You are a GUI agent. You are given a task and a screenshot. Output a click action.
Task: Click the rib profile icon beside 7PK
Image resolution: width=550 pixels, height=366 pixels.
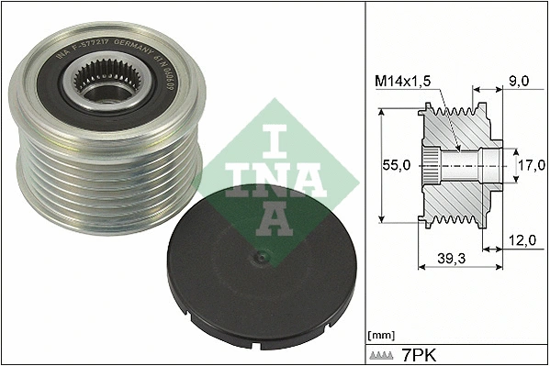click(382, 354)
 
